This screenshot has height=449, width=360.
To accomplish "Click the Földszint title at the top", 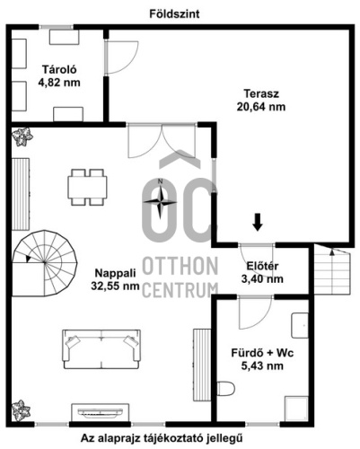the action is click(174, 14).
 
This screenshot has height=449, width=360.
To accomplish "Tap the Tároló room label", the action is click(59, 69).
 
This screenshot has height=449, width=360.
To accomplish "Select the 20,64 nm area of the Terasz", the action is click(261, 107).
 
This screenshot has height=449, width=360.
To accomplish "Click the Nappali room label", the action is click(115, 273).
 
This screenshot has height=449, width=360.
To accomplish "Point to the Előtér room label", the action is click(262, 266).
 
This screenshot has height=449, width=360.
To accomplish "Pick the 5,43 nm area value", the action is click(262, 365).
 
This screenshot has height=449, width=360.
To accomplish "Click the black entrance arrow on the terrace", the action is click(257, 222).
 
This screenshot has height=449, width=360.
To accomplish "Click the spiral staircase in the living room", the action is click(44, 263).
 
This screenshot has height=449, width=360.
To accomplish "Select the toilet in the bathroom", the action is click(226, 388).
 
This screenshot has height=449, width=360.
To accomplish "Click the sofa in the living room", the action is click(101, 349).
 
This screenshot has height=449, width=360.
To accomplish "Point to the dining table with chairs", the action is click(87, 188).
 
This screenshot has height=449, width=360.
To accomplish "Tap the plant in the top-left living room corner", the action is click(22, 137).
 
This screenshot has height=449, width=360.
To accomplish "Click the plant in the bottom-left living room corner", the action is click(21, 410).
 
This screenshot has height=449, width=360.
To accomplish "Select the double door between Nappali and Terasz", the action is click(162, 140).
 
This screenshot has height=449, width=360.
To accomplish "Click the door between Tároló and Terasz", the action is click(121, 57).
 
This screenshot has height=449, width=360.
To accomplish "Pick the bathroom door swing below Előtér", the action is click(255, 313).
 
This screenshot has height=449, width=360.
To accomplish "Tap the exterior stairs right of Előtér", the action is click(331, 269).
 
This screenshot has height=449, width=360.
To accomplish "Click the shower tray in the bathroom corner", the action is click(296, 409).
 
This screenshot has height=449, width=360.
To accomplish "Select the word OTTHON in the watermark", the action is click(180, 266).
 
